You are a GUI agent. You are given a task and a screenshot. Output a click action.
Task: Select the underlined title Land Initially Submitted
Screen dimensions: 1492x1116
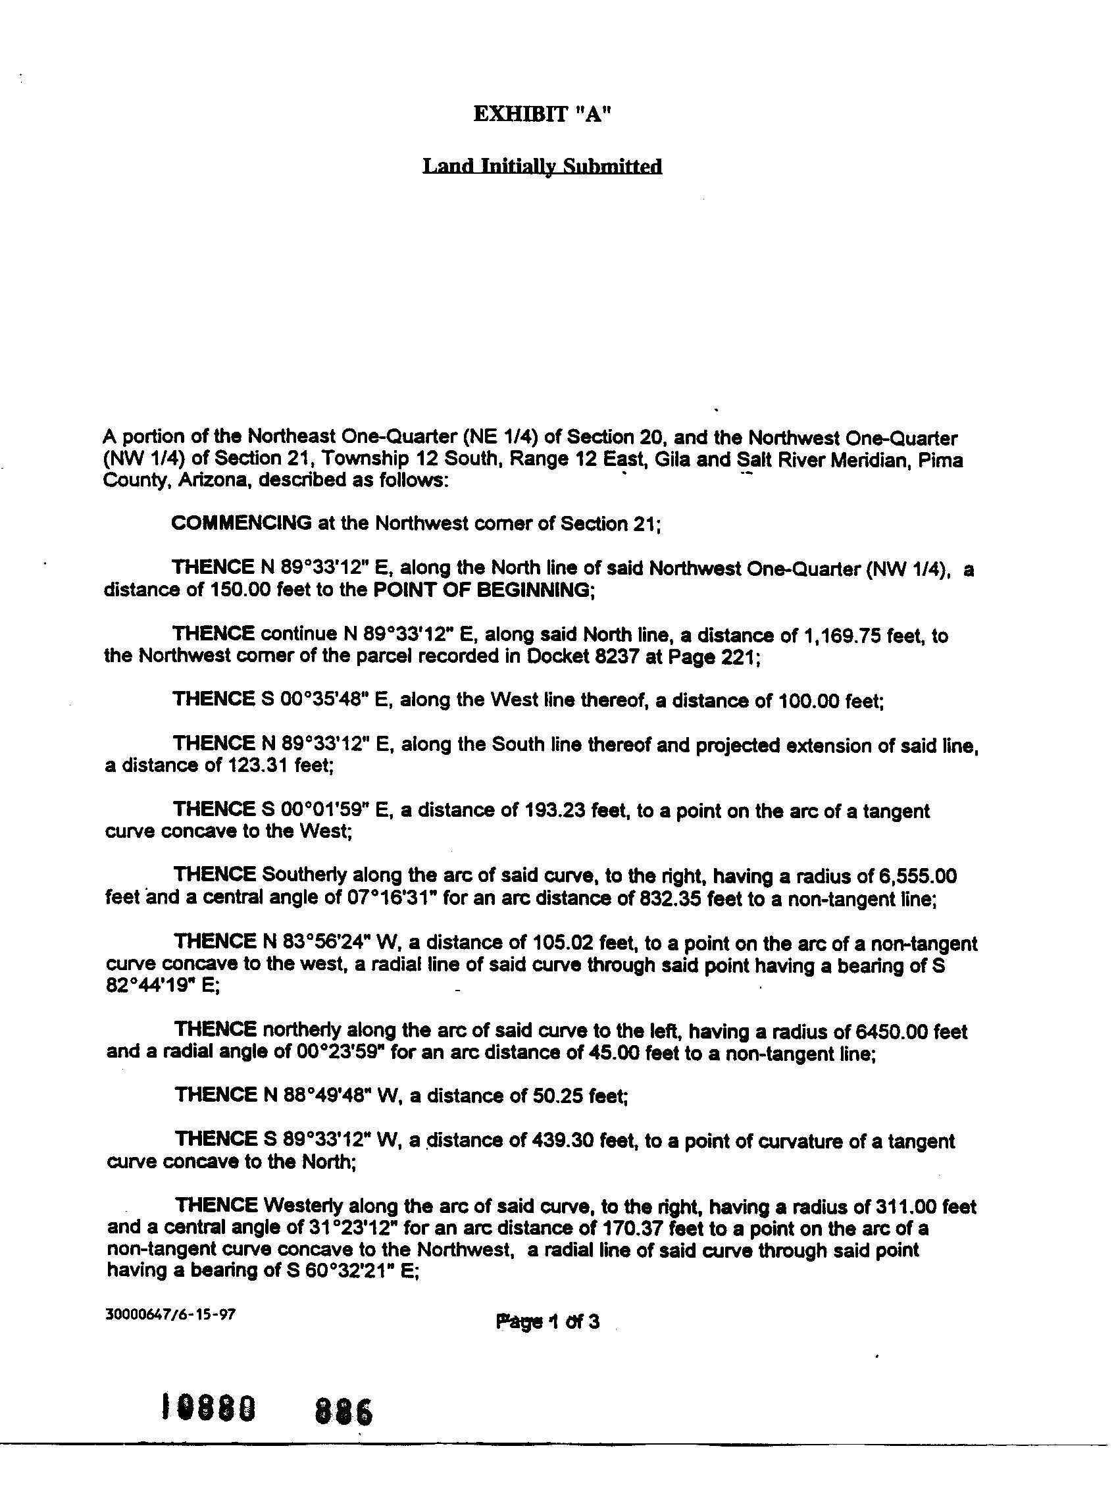pos(542,166)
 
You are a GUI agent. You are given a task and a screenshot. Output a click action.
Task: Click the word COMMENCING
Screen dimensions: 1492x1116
pos(241,523)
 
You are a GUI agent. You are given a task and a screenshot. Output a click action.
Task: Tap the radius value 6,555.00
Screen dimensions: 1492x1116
pos(919,876)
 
